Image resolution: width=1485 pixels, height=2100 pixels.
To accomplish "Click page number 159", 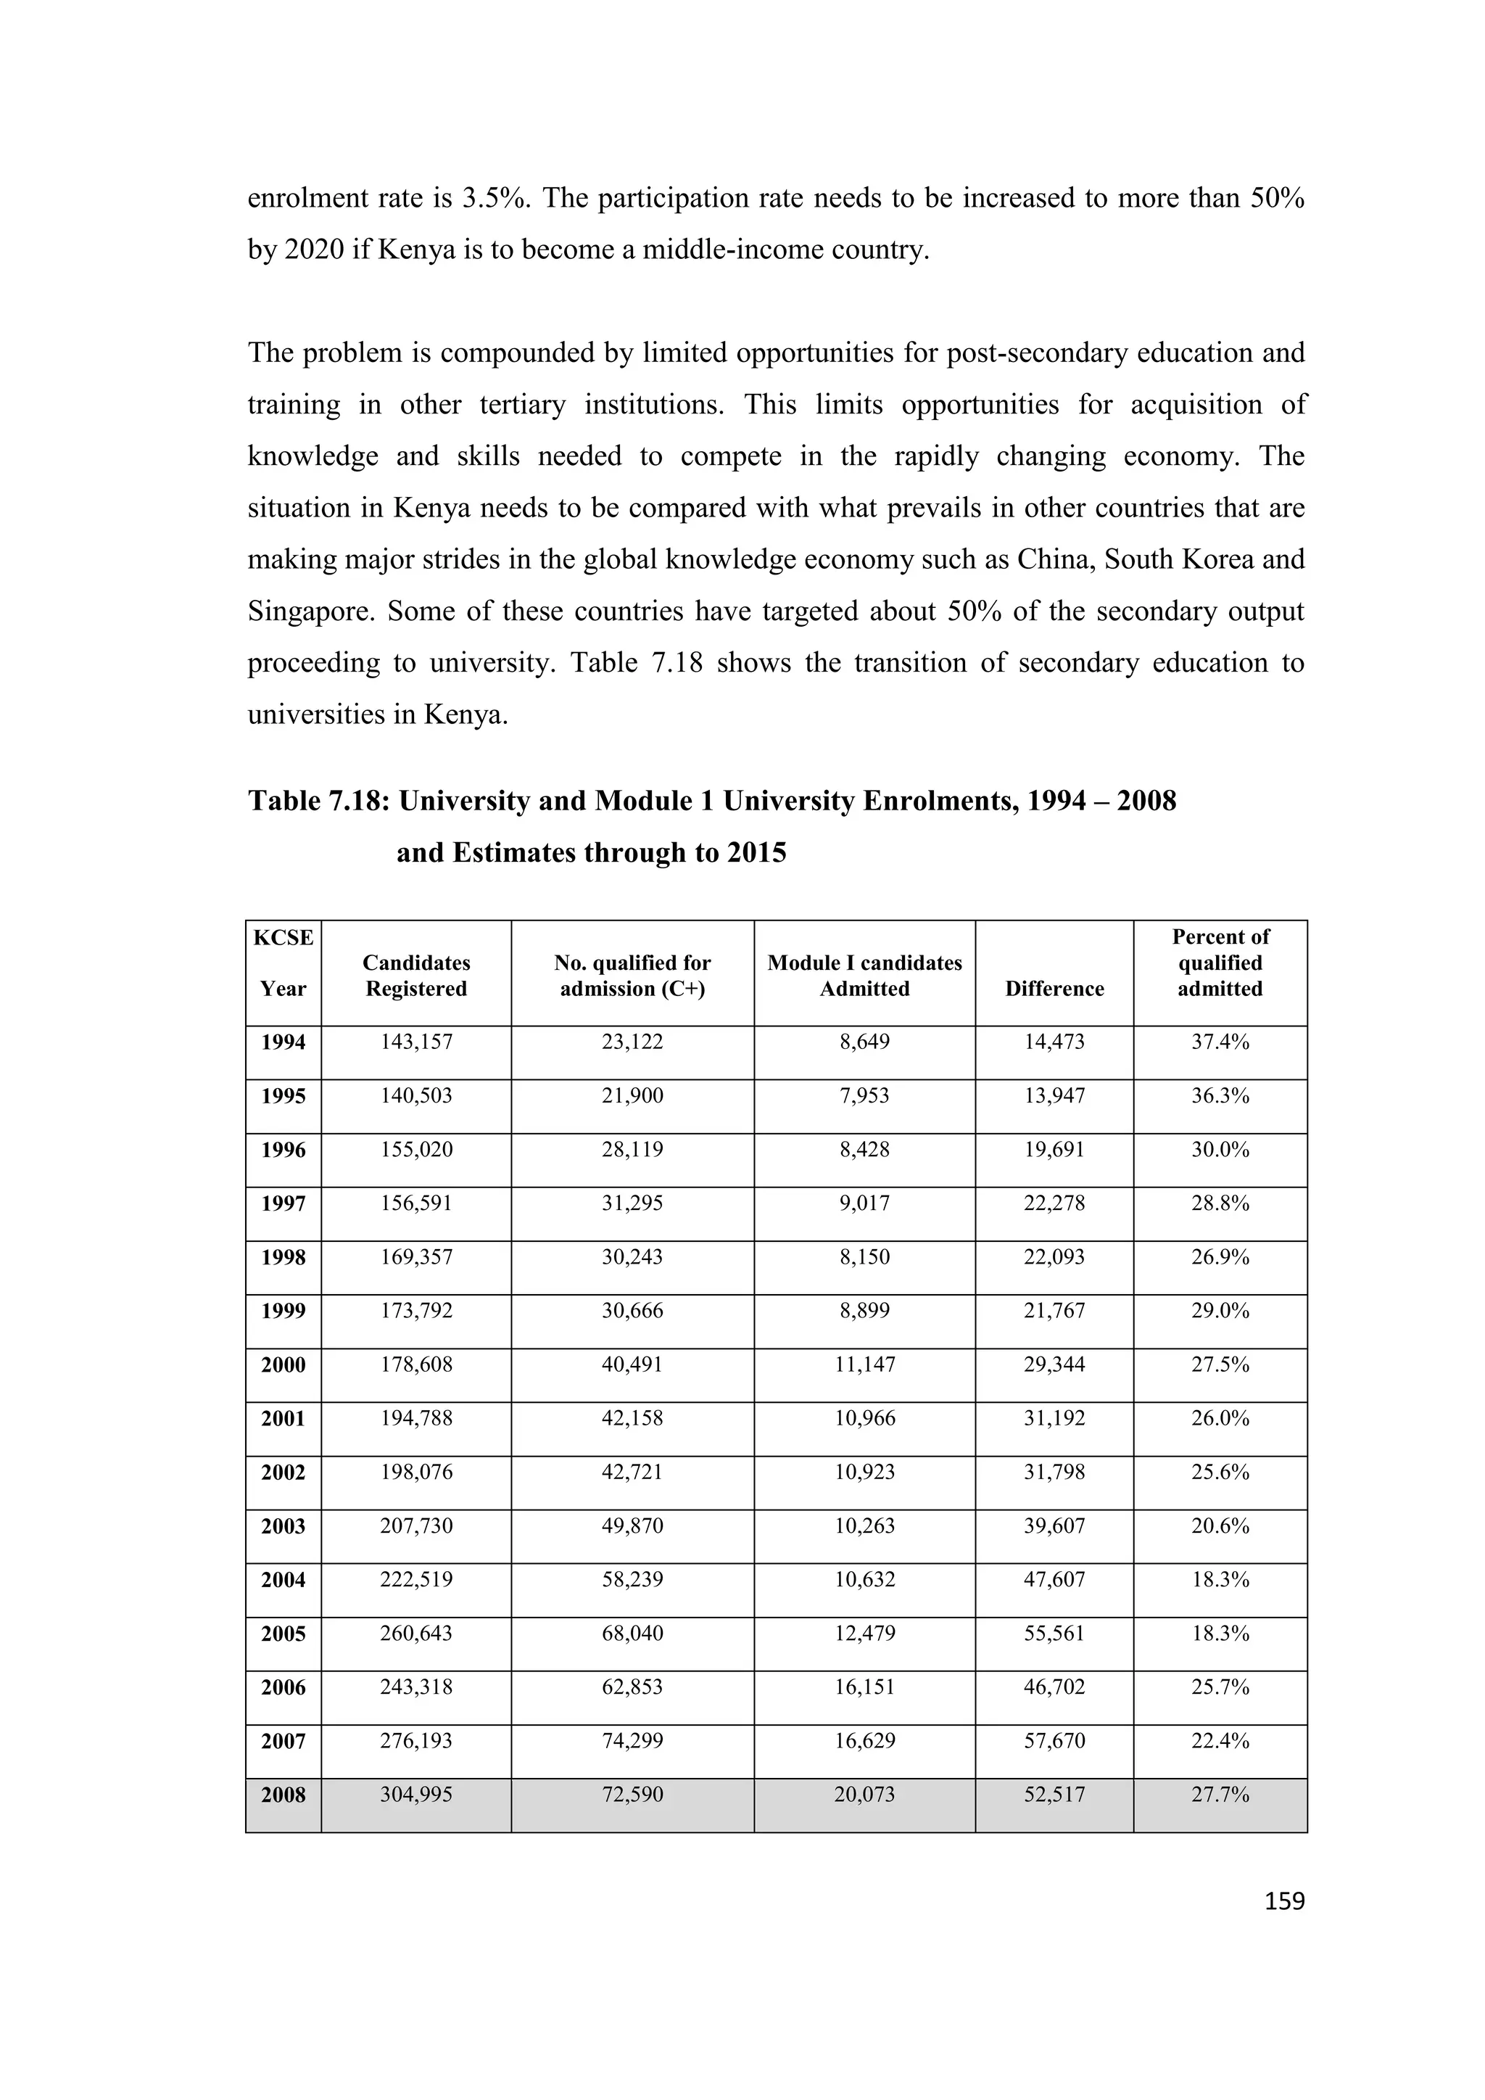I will pos(1284,1901).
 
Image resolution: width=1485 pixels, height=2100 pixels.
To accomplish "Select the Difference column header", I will pos(1054,989).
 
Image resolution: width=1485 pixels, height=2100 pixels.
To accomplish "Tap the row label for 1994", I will pos(284,1042).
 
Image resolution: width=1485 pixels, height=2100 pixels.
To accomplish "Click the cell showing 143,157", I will pos(416,1042).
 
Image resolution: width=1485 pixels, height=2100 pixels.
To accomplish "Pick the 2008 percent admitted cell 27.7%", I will pos(1220,1795).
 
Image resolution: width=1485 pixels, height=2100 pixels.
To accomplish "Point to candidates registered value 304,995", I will pos(416,1795).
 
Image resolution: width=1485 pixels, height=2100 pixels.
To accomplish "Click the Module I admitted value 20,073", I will pos(864,1795).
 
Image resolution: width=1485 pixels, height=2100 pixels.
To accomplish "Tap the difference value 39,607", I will pos(1054,1525).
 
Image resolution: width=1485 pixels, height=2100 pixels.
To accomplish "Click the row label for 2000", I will pos(284,1364).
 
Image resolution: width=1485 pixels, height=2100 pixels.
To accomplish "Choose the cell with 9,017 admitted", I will pos(864,1203).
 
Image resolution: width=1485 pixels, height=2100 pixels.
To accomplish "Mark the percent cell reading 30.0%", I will pos(1220,1150).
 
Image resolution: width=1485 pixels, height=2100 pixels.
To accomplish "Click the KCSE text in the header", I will pos(284,937).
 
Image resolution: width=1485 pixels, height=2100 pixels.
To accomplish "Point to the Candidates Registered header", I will pos(416,976).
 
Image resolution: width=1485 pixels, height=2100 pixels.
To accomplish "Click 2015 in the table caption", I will pos(756,852).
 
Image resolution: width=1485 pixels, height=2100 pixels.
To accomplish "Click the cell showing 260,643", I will pos(416,1634).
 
